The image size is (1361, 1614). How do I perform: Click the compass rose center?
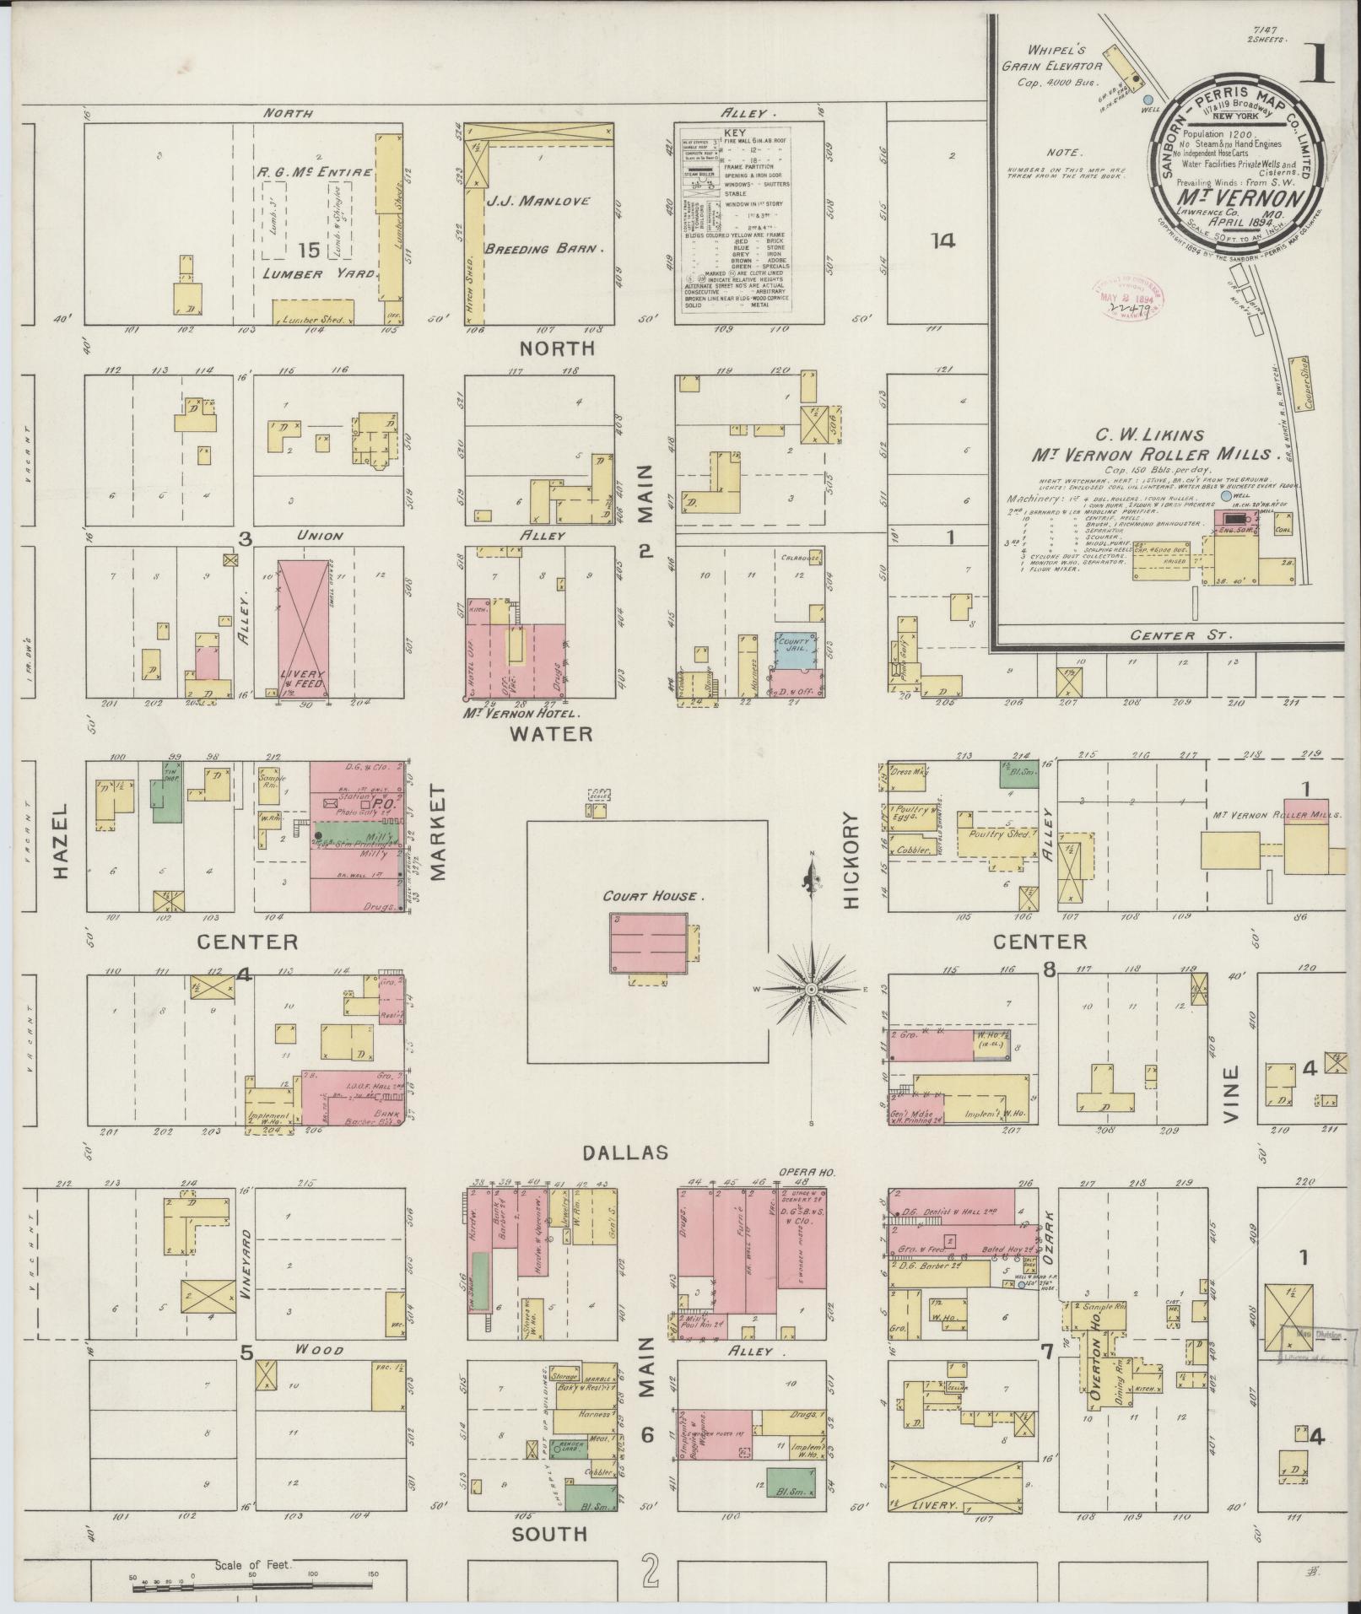811,988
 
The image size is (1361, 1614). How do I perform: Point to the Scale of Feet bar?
253,1590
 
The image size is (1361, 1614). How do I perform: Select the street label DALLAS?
625,1152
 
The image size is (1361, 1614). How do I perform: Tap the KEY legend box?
741,224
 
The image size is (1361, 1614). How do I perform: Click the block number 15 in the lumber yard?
309,250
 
